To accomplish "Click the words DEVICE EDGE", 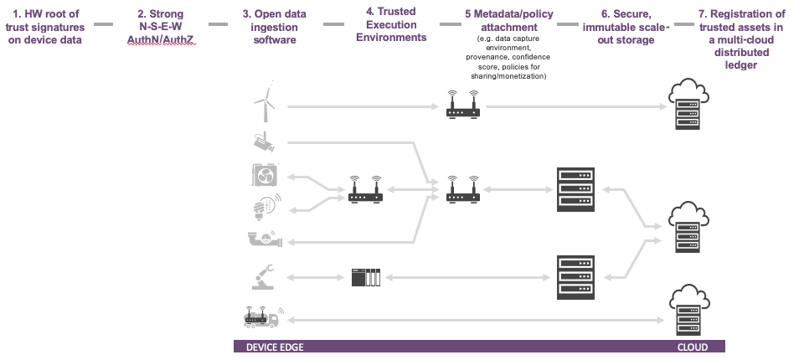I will [275, 347].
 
